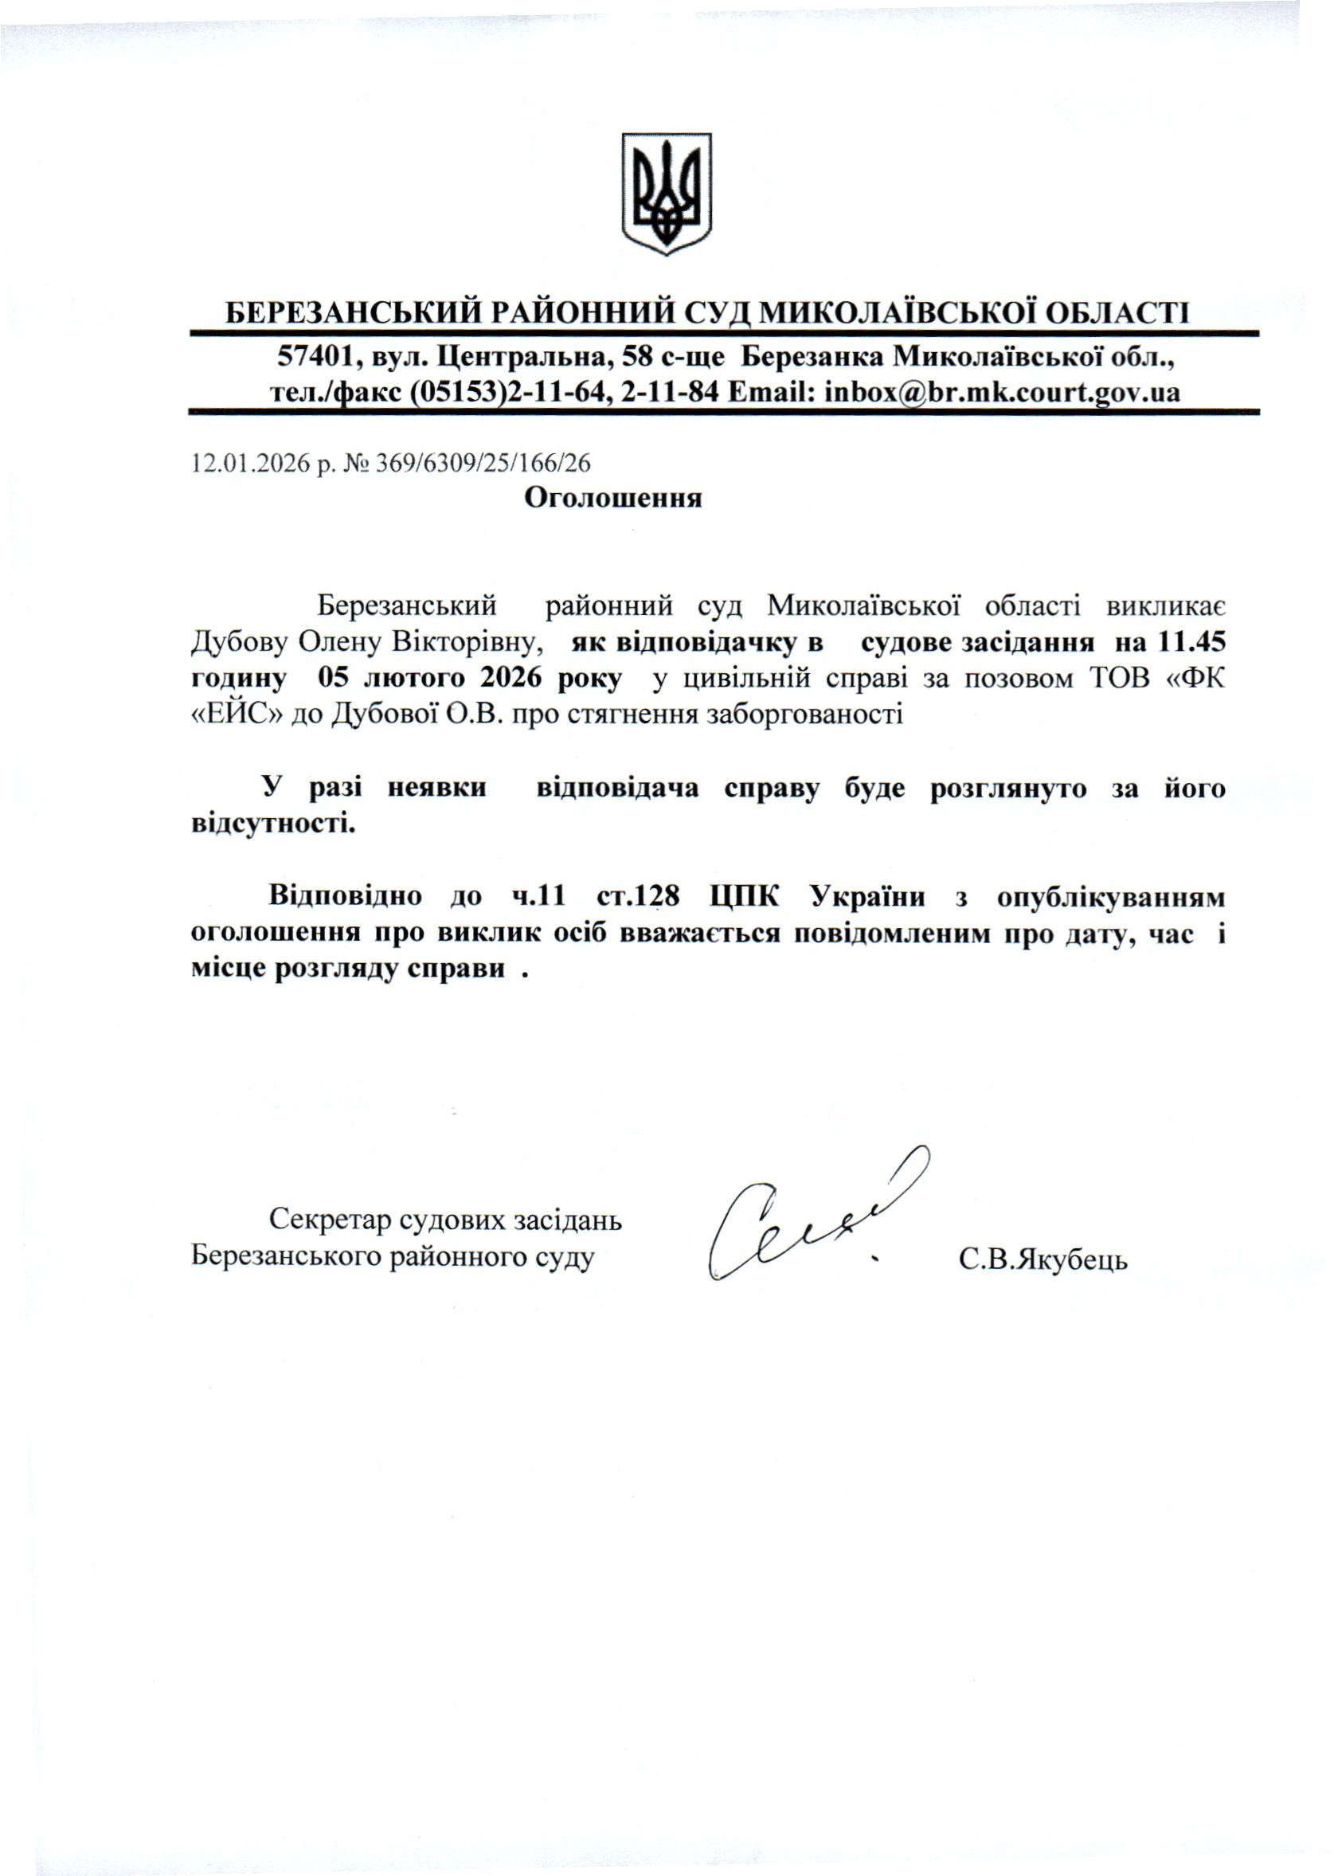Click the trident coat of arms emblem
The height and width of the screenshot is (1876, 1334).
click(x=666, y=194)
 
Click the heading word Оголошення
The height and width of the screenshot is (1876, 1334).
click(x=612, y=498)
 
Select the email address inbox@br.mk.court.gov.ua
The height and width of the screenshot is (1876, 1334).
click(x=1002, y=392)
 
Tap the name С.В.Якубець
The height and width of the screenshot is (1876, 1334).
click(x=1043, y=1259)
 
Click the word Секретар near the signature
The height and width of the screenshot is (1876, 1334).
click(x=331, y=1222)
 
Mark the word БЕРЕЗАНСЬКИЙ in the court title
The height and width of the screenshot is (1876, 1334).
click(x=354, y=313)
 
